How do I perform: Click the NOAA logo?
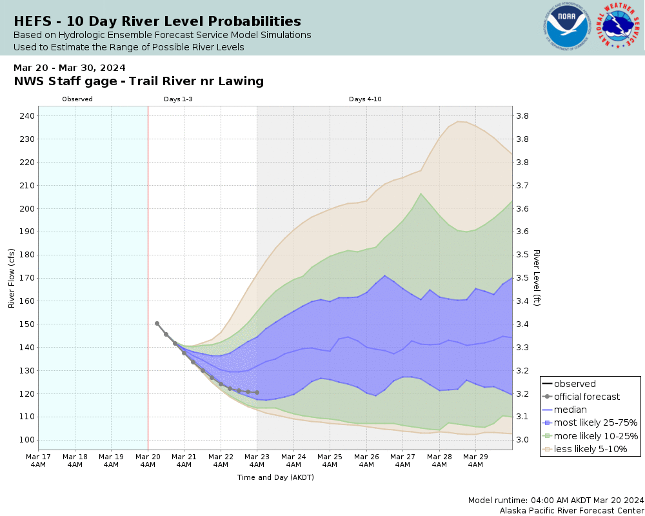pyautogui.click(x=567, y=27)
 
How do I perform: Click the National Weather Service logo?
pyautogui.click(x=618, y=27)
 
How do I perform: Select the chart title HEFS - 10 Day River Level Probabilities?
pyautogui.click(x=157, y=21)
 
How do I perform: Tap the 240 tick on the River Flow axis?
pyautogui.click(x=27, y=116)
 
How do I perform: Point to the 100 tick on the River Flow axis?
pyautogui.click(x=27, y=440)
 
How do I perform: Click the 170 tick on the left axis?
pyautogui.click(x=27, y=278)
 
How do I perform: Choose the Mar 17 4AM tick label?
pyautogui.click(x=39, y=460)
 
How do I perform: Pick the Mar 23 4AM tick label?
pyautogui.click(x=257, y=460)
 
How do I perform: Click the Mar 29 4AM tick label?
pyautogui.click(x=476, y=460)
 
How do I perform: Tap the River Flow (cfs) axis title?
pyautogui.click(x=12, y=278)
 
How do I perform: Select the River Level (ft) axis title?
pyautogui.click(x=536, y=278)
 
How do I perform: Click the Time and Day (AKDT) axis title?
pyautogui.click(x=275, y=478)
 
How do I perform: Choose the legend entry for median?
pyautogui.click(x=570, y=410)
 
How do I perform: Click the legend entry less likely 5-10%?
pyautogui.click(x=590, y=449)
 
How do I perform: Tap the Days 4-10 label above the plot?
pyautogui.click(x=366, y=99)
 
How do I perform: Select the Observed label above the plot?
pyautogui.click(x=77, y=99)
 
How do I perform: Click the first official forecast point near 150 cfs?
pyautogui.click(x=157, y=323)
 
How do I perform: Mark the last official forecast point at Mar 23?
pyautogui.click(x=257, y=392)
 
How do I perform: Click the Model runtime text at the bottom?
pyautogui.click(x=556, y=500)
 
